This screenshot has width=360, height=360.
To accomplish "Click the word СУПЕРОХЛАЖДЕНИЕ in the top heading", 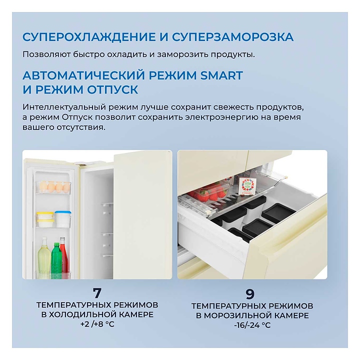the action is pos(89,37).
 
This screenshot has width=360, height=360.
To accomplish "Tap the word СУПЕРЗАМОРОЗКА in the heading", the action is pos(233,37).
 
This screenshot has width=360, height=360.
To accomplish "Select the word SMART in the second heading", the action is pos(221,75).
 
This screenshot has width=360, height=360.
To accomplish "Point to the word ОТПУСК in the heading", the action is pos(112,89).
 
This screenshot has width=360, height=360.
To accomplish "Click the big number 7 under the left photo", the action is pos(97,292).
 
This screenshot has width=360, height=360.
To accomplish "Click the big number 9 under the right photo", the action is pos(250,294).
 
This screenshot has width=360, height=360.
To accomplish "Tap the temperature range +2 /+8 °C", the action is pos(97,324).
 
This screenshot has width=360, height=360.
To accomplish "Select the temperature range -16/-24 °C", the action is pos(252,325).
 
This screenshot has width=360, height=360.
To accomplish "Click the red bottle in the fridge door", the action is pos(63,255).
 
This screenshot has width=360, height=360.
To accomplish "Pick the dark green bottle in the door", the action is pos(56,257).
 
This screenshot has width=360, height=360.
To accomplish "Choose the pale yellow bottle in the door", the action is pos(44,255).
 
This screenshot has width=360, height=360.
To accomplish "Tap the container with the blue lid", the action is pos(62,219).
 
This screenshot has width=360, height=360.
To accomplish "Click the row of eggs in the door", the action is pos(55,186).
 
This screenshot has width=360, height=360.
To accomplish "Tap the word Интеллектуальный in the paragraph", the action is pos(64,107).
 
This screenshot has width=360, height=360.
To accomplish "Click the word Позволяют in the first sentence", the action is pos(46,54).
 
